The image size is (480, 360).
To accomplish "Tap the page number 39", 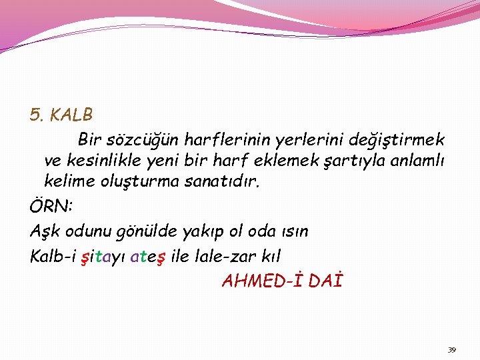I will point(451,349).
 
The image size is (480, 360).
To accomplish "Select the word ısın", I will point(294,231).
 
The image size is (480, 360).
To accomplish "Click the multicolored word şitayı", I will point(102,255).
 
